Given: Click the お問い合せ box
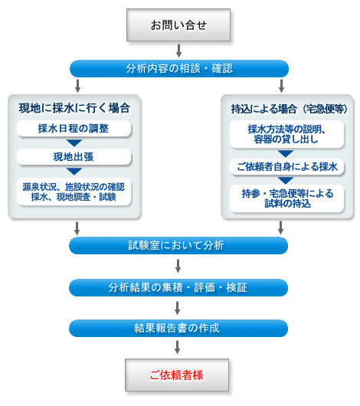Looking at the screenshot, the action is [x=178, y=25].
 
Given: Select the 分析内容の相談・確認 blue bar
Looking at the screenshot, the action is [x=179, y=69].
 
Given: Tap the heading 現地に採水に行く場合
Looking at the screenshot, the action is [x=74, y=108].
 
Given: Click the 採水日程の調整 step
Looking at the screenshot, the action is [x=74, y=128].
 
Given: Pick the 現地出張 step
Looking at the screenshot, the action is [x=74, y=156].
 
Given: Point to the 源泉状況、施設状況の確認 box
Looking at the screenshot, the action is [x=74, y=192].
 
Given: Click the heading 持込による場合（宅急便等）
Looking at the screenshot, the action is [x=289, y=109].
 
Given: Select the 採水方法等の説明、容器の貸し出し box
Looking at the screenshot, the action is [x=286, y=134].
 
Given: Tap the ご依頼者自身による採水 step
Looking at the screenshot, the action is [x=286, y=166].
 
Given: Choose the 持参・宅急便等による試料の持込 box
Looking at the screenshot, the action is [x=286, y=198].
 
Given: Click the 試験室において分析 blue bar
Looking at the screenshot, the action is [x=178, y=245].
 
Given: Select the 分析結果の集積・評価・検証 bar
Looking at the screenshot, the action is [x=178, y=288].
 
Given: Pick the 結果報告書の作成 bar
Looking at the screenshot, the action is [x=178, y=328].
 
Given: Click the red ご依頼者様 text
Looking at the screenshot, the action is [x=177, y=375].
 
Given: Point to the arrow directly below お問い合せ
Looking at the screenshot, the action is [x=178, y=51].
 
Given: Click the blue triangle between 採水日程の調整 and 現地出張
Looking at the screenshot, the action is [x=74, y=143].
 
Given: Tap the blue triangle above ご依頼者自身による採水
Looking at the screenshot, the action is [x=286, y=153].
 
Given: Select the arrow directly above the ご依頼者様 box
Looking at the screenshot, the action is [x=177, y=347].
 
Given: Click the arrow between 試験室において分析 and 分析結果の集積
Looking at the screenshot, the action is [x=178, y=266].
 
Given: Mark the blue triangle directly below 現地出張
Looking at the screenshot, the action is [x=74, y=172].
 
